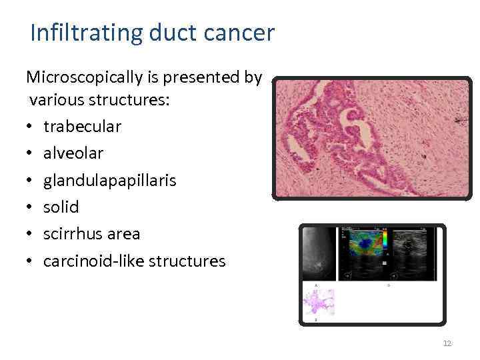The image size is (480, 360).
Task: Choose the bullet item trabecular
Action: pos(82,127)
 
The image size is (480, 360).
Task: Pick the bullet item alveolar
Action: pos(73,153)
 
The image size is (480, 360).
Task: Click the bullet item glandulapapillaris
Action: pos(110,181)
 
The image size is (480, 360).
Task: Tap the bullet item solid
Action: pos(61,207)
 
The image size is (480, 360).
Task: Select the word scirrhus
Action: pos(73,234)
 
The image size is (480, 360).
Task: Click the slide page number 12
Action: pos(447,343)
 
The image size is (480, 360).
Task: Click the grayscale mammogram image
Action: pos(319,253)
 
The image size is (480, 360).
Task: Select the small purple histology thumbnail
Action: pos(319,301)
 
